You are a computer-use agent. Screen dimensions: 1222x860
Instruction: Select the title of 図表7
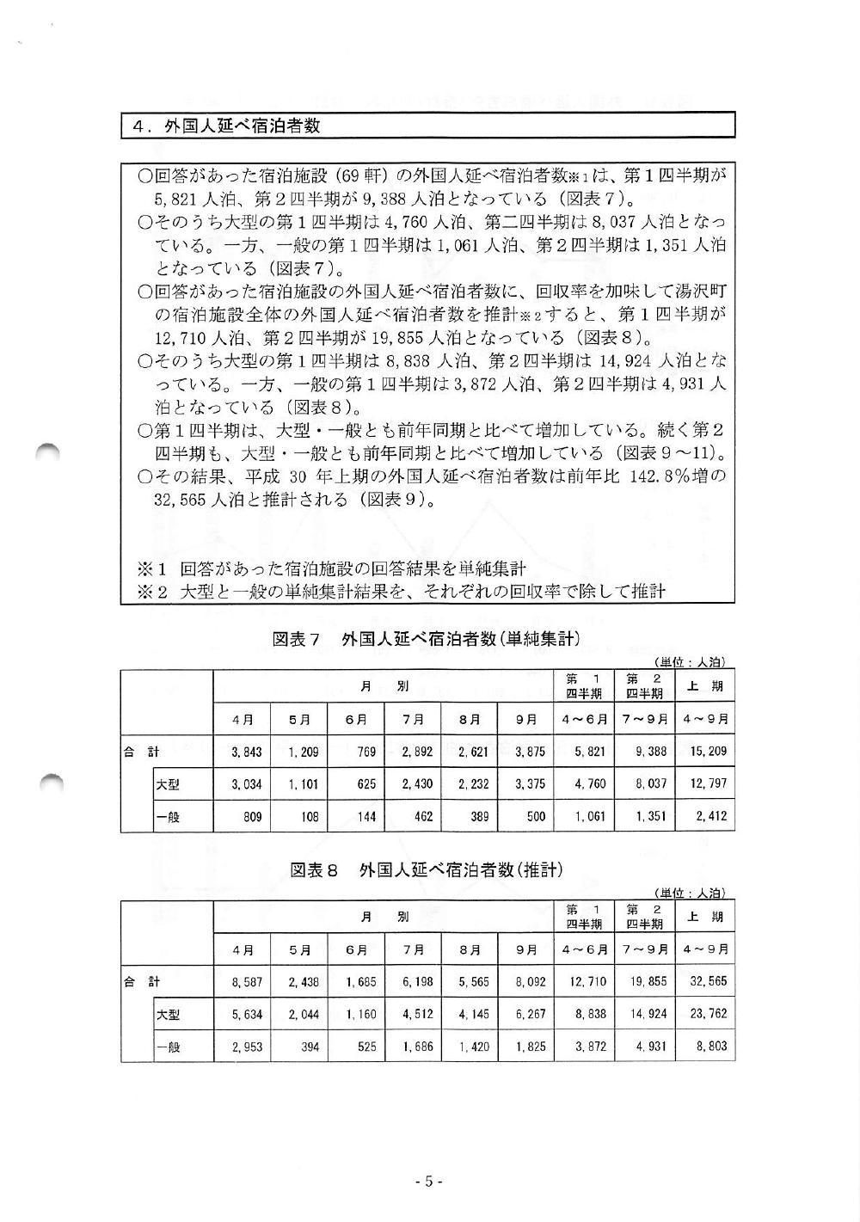click(x=427, y=639)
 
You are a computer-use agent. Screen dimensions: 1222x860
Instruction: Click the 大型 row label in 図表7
click(x=168, y=784)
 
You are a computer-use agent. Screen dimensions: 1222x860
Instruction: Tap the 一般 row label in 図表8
click(x=168, y=1047)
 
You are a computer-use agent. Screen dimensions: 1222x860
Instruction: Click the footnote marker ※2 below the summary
click(x=151, y=592)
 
